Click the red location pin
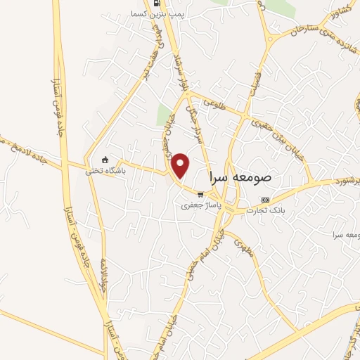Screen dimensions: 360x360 (181, 166)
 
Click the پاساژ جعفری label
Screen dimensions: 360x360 (197, 206)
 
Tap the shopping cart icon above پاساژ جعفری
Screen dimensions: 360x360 (200, 195)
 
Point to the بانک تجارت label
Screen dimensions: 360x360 (264, 210)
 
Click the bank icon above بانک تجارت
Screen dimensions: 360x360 (264, 199)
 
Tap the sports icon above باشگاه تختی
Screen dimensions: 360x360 (105, 160)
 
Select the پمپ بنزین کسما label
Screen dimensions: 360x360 (160, 14)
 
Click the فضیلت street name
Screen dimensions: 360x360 (255, 83)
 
